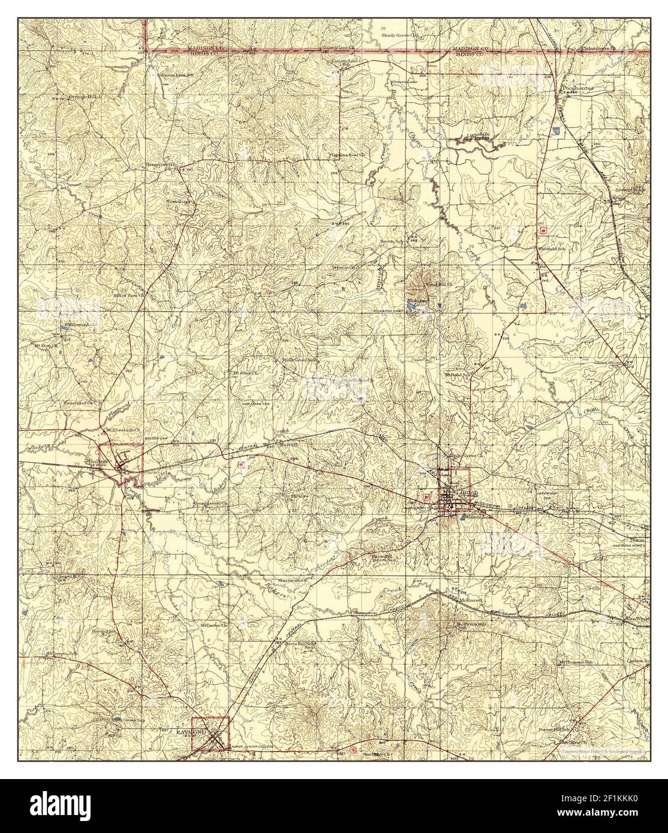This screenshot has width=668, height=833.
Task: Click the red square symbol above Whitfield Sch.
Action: point(543,230)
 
